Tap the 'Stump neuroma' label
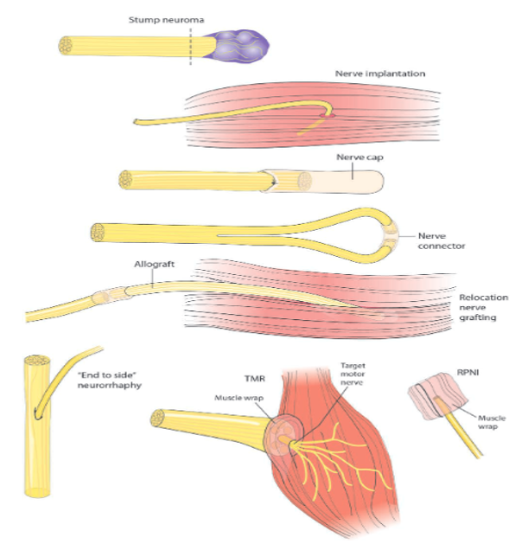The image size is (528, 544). click(167, 20)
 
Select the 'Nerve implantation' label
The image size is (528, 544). click(380, 74)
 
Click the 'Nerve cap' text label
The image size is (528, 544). click(359, 157)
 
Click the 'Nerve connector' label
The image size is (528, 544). click(442, 240)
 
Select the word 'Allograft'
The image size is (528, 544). click(155, 264)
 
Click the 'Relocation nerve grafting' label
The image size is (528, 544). click(484, 307)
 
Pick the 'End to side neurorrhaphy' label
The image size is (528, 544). click(110, 380)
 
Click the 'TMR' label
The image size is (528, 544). click(255, 378)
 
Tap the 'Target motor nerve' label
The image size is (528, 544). click(353, 374)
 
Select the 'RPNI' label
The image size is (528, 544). click(468, 372)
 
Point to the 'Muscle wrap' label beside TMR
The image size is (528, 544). click(239, 398)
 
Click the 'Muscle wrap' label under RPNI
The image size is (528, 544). click(492, 422)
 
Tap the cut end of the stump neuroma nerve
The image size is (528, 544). click(65, 46)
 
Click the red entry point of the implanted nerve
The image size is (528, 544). click(327, 116)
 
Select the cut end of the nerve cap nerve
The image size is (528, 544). click(125, 180)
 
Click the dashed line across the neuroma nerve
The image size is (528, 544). click(190, 46)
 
